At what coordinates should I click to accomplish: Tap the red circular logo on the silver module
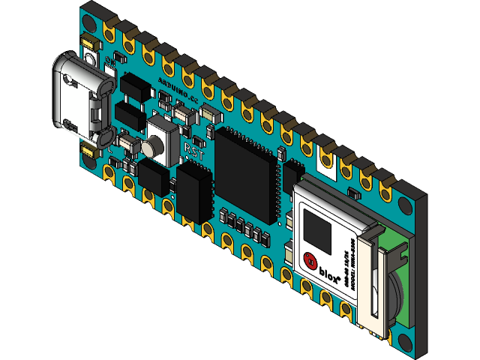click(308, 262)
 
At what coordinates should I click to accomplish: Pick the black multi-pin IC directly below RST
click(196, 192)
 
